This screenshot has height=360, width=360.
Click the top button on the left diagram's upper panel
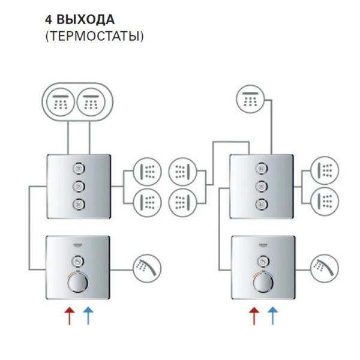point(79,168)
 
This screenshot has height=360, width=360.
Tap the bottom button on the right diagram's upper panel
point(262,203)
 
